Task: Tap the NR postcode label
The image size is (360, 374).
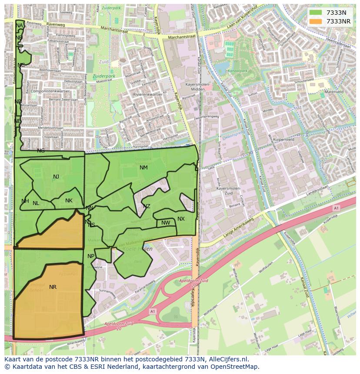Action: (x=53, y=287)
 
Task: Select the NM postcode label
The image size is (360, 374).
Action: (x=143, y=168)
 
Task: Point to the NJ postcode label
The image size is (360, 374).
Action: (x=56, y=177)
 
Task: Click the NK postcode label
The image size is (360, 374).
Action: (x=69, y=201)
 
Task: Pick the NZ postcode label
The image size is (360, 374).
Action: (x=147, y=206)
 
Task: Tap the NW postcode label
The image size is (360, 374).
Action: (x=166, y=223)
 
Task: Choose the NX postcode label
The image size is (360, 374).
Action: (x=181, y=219)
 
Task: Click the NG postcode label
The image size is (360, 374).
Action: (x=41, y=151)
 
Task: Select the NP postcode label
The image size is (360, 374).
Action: (x=91, y=256)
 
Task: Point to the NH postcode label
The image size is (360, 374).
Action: (x=25, y=201)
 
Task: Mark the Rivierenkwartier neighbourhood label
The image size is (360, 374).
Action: (x=148, y=94)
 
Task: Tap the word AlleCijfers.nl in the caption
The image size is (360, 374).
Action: (x=228, y=359)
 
